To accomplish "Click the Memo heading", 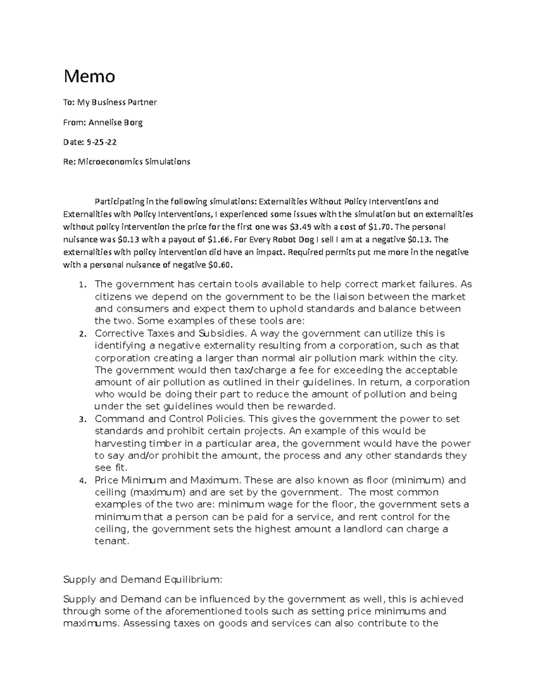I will [89, 77].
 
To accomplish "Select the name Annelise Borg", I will [115, 122].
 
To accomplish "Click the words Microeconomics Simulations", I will [134, 162].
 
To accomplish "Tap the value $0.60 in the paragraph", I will [221, 265].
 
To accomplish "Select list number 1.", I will [81, 285].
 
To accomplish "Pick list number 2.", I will [81, 334].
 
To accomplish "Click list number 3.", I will [81, 420].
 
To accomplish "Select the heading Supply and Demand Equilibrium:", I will [143, 579].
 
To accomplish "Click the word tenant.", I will [112, 541].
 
